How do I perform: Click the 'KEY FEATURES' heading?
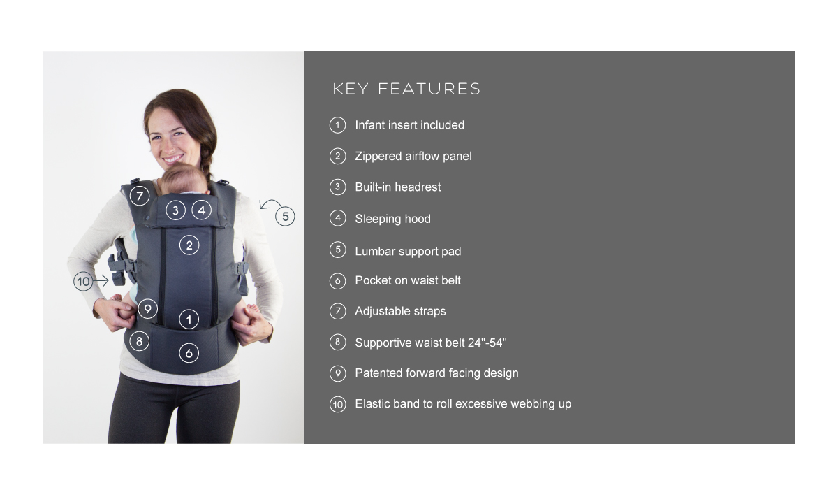click(406, 89)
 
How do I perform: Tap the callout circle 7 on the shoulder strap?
click(140, 196)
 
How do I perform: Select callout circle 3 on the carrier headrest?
click(175, 210)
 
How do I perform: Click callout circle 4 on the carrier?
click(202, 210)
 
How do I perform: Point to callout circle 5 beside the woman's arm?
click(285, 216)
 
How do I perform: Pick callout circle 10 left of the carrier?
click(83, 281)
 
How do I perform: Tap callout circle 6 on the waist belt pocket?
click(189, 353)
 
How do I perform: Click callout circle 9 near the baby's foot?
click(148, 308)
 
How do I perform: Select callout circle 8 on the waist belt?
click(139, 341)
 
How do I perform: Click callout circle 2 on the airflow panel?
click(189, 245)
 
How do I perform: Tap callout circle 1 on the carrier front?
click(189, 319)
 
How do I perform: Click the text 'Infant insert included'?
click(410, 125)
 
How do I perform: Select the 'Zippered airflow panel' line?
click(413, 156)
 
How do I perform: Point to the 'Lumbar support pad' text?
click(408, 252)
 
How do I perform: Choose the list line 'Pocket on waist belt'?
click(408, 280)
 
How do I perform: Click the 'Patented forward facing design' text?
click(436, 373)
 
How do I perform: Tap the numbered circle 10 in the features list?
click(338, 405)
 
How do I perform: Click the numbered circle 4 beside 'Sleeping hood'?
click(338, 218)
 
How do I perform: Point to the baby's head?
click(185, 178)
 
